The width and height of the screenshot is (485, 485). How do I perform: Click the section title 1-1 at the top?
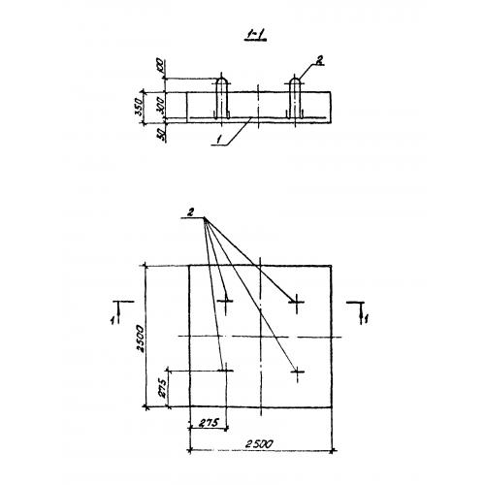255,35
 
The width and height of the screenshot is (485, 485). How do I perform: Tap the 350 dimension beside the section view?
139,107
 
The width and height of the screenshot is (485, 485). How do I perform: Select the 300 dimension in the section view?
161,105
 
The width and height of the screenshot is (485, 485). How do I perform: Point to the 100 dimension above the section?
162,66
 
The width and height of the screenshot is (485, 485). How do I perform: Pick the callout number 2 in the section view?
320,60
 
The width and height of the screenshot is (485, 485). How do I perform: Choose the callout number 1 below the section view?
219,140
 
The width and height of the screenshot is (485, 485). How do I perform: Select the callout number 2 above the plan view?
191,212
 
